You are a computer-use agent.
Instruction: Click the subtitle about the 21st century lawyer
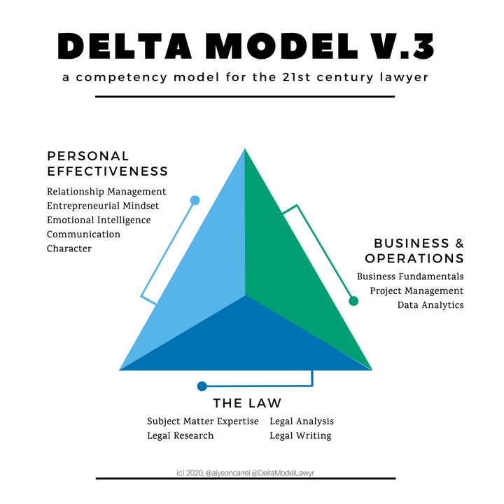tap(245, 77)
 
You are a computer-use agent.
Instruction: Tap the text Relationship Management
tap(106, 191)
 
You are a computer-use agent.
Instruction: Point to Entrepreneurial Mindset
tap(103, 206)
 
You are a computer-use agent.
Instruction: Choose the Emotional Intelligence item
tap(99, 220)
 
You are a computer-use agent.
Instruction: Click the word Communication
tap(83, 234)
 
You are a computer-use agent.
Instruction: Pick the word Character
tap(69, 248)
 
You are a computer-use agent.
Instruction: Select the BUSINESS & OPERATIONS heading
tap(419, 251)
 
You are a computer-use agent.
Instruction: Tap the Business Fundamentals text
tap(410, 276)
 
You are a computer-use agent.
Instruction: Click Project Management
tap(416, 290)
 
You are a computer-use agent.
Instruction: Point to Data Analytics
tap(430, 304)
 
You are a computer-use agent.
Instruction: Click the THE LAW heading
tap(247, 403)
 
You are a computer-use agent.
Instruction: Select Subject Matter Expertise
tap(203, 421)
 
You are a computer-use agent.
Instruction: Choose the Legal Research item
tap(181, 435)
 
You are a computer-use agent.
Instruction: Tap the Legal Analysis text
tap(302, 421)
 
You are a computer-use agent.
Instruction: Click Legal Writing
tap(300, 435)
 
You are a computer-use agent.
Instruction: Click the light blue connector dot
tap(195, 200)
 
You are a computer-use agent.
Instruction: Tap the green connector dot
tap(353, 301)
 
